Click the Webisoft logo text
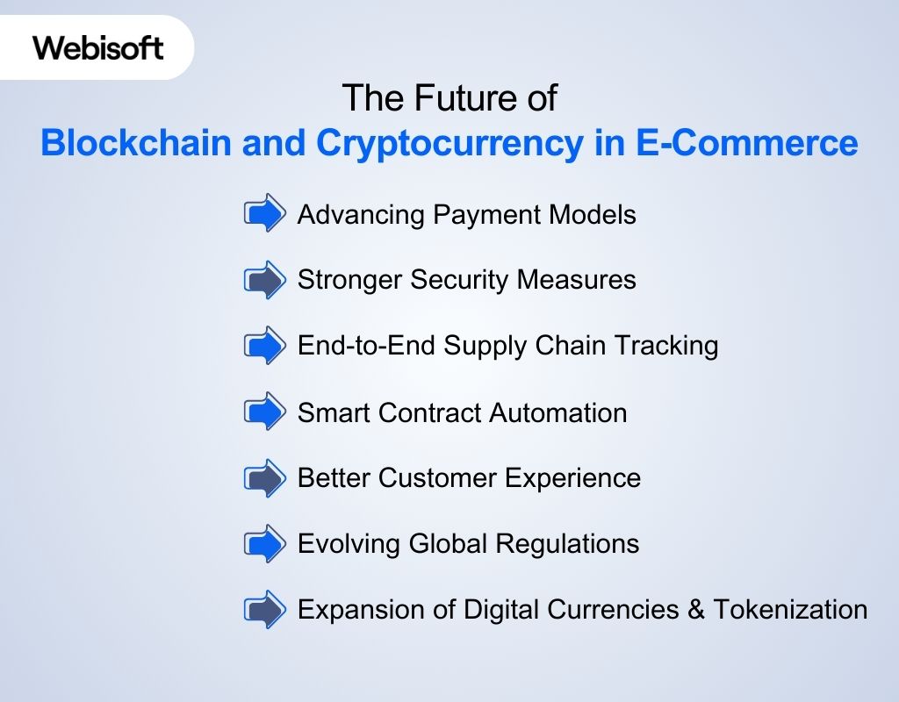pyautogui.click(x=98, y=47)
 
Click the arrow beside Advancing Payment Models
pyautogui.click(x=264, y=213)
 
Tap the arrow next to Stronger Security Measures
pyautogui.click(x=264, y=280)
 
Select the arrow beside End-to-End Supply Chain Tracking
pyautogui.click(x=264, y=345)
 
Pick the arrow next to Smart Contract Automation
pyautogui.click(x=264, y=412)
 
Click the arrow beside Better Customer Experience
pyautogui.click(x=264, y=478)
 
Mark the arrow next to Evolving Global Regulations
pyautogui.click(x=264, y=544)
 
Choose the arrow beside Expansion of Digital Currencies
pyautogui.click(x=264, y=609)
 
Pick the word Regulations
pyautogui.click(x=567, y=544)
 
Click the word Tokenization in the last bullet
pyautogui.click(x=790, y=609)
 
